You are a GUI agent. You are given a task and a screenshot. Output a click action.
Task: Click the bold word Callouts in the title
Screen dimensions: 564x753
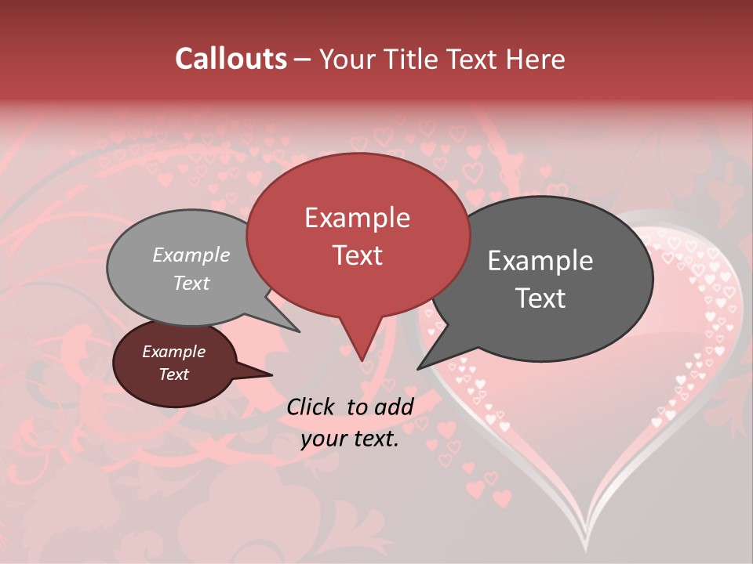click(231, 59)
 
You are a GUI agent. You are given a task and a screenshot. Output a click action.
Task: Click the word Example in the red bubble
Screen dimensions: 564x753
click(357, 218)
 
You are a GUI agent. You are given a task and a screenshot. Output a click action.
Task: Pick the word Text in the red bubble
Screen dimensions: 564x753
click(357, 255)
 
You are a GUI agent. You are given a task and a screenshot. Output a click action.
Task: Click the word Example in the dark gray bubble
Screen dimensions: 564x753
click(540, 261)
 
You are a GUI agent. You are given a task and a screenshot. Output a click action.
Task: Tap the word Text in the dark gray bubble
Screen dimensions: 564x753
click(540, 298)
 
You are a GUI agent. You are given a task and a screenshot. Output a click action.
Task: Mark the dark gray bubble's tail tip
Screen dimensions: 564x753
click(418, 368)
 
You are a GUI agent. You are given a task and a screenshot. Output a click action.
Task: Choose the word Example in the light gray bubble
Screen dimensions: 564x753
click(191, 255)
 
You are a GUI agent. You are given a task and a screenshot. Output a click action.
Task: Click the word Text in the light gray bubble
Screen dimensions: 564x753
click(191, 283)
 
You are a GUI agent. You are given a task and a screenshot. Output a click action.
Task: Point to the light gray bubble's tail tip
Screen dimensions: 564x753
click(299, 331)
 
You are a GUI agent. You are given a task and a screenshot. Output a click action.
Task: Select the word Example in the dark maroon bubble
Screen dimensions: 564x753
click(173, 352)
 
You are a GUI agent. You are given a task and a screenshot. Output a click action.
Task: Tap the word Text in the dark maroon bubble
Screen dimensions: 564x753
click(173, 374)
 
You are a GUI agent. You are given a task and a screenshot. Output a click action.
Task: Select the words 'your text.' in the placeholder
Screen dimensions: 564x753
click(350, 439)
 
